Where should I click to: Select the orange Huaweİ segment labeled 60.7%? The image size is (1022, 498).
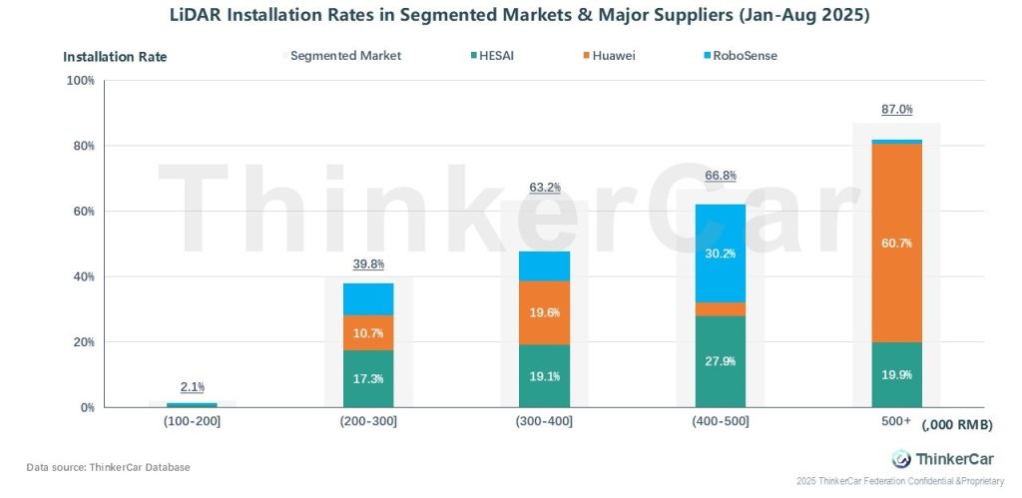click(896, 243)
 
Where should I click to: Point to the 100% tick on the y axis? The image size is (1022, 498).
click(80, 80)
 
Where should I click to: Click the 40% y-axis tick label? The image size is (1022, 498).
click(83, 276)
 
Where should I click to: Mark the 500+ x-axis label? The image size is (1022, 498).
click(895, 421)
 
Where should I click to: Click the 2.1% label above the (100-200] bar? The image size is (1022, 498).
click(193, 387)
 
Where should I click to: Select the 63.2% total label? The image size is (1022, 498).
click(545, 187)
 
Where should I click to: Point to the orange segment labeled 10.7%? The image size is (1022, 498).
click(368, 332)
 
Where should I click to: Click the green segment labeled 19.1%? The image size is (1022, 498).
click(545, 377)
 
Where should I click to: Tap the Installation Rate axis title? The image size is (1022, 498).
click(115, 57)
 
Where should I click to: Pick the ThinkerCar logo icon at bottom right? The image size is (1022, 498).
click(900, 459)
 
